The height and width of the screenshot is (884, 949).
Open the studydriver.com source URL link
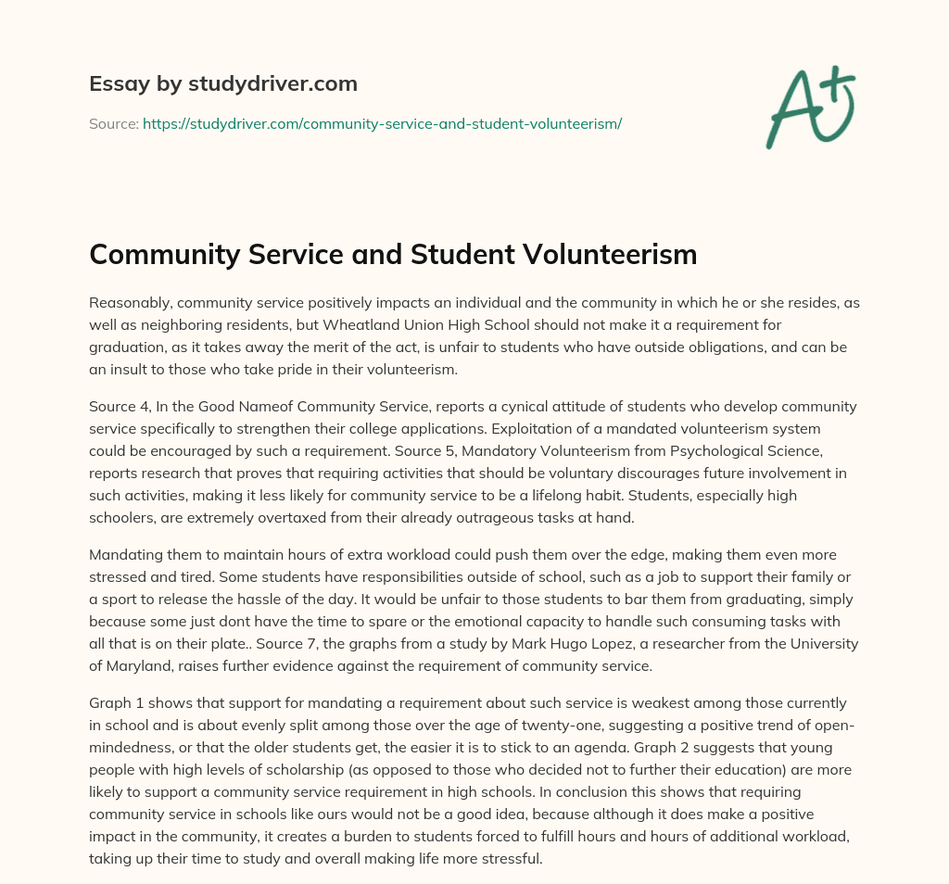point(382,123)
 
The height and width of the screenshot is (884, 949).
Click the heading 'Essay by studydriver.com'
point(222,83)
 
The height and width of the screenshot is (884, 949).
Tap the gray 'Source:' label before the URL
point(113,123)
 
